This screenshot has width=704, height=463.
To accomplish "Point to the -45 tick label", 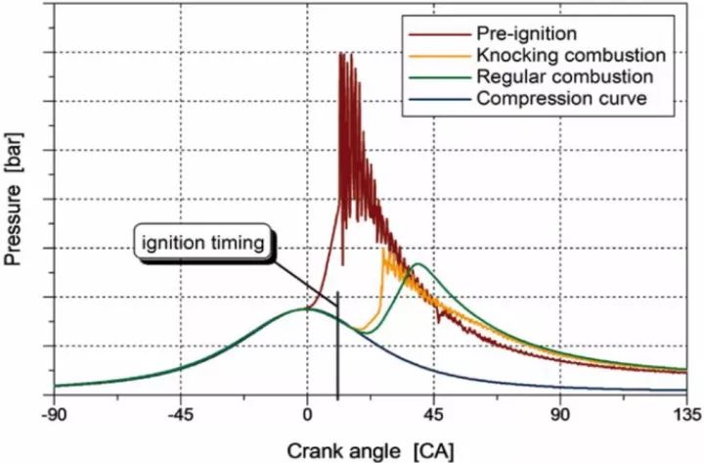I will click(x=180, y=412).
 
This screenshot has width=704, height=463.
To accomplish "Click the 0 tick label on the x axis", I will click(x=307, y=412).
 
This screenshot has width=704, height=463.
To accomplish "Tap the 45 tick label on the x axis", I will click(x=434, y=412).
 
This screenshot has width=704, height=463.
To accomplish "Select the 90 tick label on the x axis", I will click(x=561, y=412).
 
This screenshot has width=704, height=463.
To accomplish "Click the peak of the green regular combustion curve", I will click(x=419, y=263).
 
